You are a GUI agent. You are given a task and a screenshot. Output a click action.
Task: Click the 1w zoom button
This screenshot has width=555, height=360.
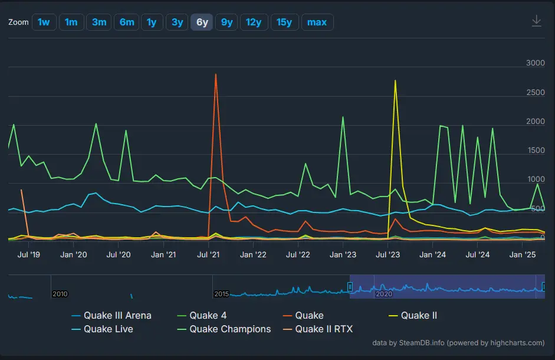tap(44, 22)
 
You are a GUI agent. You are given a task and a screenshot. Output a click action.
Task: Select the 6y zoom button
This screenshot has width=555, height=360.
tap(202, 22)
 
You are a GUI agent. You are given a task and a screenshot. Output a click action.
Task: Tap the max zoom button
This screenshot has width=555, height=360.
tap(317, 22)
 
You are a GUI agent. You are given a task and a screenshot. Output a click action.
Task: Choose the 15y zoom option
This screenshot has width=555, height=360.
tap(284, 22)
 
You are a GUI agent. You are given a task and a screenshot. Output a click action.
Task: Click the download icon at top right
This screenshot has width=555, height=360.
tap(536, 21)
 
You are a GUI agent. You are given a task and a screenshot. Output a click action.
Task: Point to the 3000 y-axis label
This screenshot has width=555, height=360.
tap(535, 63)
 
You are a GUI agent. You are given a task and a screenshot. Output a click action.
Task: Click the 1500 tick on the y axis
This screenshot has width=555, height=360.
tap(535, 150)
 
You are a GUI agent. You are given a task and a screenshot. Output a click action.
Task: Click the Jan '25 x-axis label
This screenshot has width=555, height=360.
tap(523, 255)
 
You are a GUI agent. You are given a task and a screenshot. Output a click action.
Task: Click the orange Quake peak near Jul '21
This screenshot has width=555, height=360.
tap(216, 74)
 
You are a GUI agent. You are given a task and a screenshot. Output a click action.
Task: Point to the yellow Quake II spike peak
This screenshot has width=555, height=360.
tap(395, 80)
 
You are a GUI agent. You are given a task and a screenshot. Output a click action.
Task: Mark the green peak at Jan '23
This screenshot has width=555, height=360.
tap(343, 117)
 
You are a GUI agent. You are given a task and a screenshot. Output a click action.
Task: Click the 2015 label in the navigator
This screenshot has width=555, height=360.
tap(221, 294)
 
